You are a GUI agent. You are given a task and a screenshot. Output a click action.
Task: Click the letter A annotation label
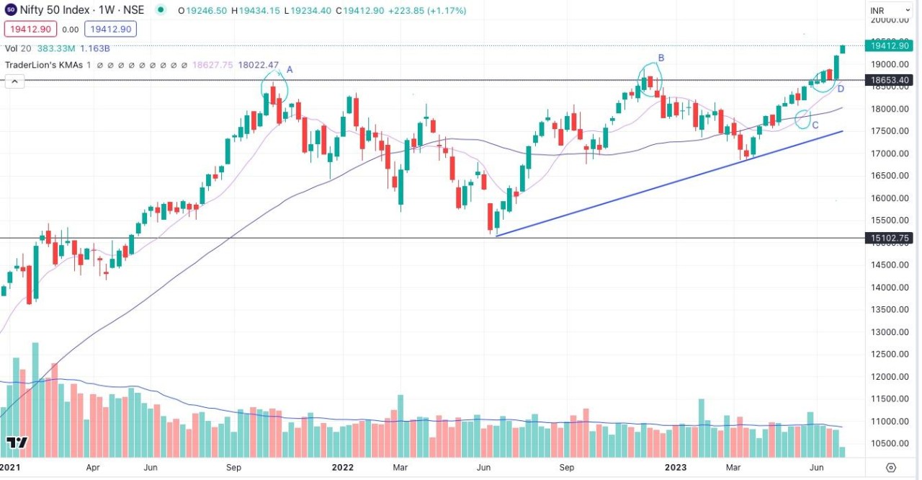click(x=290, y=69)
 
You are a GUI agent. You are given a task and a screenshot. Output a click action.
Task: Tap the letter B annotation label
click(x=661, y=58)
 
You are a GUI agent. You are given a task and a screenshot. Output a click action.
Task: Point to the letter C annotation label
click(x=815, y=125)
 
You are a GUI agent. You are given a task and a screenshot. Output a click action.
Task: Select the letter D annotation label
click(x=840, y=89)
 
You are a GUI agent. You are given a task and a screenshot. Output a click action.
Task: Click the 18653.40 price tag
click(x=891, y=80)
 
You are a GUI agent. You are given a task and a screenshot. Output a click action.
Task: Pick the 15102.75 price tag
click(x=891, y=238)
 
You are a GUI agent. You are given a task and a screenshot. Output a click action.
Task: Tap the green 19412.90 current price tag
click(x=891, y=45)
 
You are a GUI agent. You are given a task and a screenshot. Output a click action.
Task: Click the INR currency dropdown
click(x=890, y=10)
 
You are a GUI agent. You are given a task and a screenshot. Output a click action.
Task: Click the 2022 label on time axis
click(x=342, y=467)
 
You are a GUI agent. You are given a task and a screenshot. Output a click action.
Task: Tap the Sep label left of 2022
click(x=233, y=467)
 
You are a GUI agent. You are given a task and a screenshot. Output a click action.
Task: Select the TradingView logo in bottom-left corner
click(x=17, y=442)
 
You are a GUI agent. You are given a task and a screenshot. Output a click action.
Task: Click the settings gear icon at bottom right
click(x=891, y=467)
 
